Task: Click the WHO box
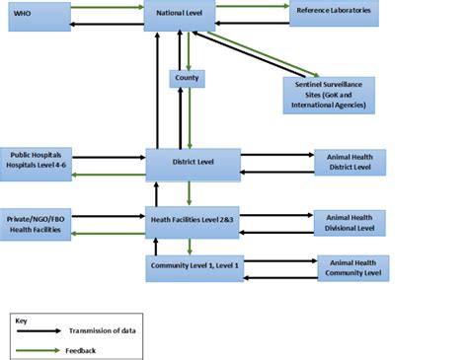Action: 37,16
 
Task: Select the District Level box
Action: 193,164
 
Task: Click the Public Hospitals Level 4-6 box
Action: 38,161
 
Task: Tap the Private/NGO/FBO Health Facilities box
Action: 38,223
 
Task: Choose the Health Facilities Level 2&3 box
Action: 193,223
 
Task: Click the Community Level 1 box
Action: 195,267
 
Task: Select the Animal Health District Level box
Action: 349,162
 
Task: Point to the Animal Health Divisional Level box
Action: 350,223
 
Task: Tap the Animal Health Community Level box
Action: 352,267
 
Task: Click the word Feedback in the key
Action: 84,349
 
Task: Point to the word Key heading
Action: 20,320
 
